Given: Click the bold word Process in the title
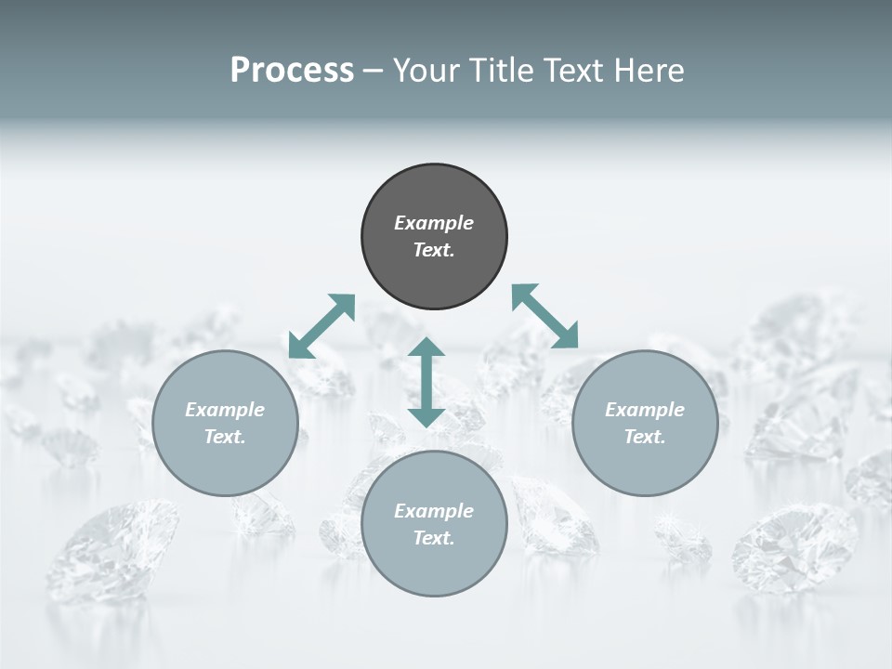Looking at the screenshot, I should pos(292,71).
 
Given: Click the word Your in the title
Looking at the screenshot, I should pos(428,71).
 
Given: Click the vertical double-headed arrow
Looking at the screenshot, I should pos(426,382).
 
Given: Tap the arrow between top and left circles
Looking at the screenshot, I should pos(322,325).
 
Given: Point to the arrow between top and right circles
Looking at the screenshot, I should pos(545,316).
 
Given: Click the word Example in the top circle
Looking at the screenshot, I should pos(434,223).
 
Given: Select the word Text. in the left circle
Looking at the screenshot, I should pos(225,437).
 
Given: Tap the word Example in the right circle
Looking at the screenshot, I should pos(645,410).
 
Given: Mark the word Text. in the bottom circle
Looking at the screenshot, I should pos(434,538).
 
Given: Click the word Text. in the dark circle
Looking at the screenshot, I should pos(434,250).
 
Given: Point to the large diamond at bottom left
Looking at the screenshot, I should pos(111,548).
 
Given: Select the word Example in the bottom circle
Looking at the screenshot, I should pos(434,511).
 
